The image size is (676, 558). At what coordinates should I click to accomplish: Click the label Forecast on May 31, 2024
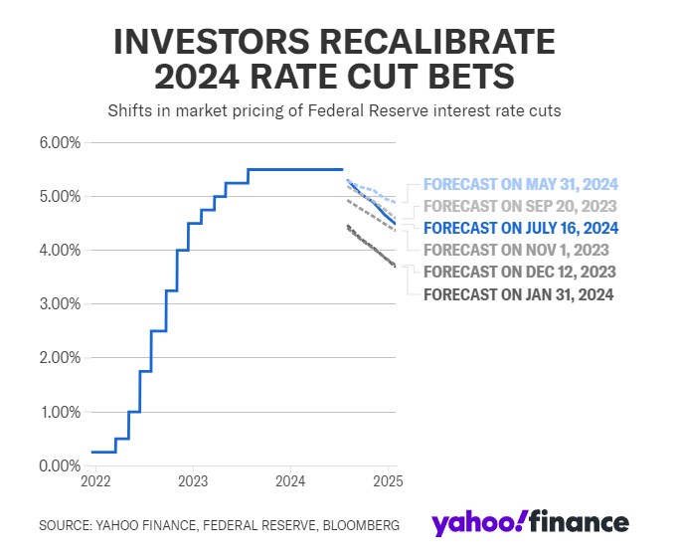(x=521, y=184)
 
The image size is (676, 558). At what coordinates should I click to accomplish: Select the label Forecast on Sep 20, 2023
(x=521, y=206)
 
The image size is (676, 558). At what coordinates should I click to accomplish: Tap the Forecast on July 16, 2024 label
(x=521, y=228)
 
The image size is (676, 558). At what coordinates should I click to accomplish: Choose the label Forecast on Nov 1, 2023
(x=516, y=250)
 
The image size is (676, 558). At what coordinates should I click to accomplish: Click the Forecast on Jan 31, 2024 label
(x=519, y=293)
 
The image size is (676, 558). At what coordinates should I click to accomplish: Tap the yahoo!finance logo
(x=530, y=523)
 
